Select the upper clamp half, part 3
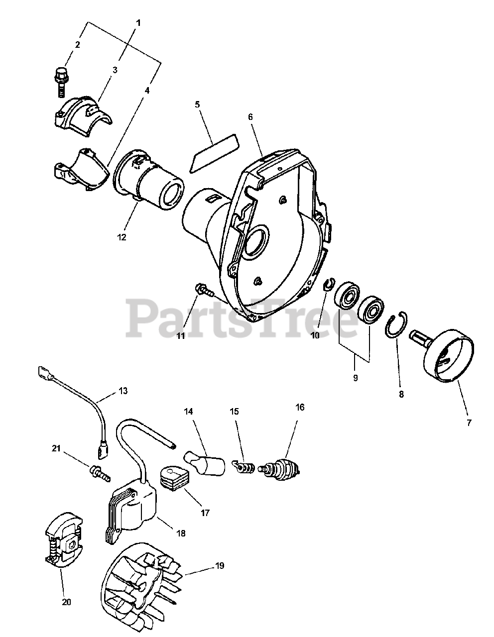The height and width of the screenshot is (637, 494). (x=83, y=116)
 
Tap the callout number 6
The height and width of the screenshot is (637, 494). (x=250, y=117)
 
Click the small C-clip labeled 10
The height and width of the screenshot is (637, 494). (x=329, y=284)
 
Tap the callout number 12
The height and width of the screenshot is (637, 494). (x=122, y=237)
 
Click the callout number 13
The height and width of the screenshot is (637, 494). (x=123, y=391)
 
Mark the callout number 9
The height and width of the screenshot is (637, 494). (x=355, y=378)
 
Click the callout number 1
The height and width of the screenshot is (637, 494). (x=138, y=23)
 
